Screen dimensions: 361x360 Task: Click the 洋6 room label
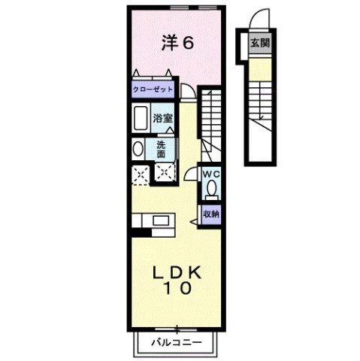coord(179,43)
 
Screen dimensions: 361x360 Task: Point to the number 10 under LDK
coord(178,288)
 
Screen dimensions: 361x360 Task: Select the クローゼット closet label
coord(153,89)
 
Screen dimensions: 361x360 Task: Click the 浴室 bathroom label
coord(163,117)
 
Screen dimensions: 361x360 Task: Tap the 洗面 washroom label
coord(162,148)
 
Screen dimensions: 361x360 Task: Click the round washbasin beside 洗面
coord(136,148)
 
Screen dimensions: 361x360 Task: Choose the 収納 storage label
coord(211,214)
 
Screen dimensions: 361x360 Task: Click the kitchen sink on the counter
coord(160,220)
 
